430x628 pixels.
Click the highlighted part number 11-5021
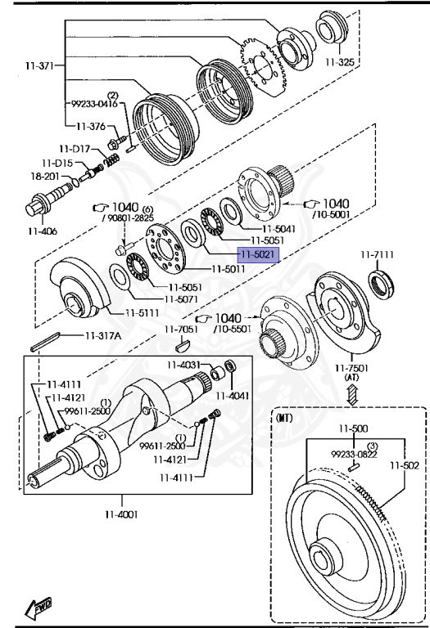coord(258,254)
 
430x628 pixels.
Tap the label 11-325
coord(340,62)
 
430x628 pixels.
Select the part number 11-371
coord(39,65)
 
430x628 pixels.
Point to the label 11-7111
coord(377,255)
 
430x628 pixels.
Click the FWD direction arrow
coord(38,608)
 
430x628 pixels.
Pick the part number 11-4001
coord(121,514)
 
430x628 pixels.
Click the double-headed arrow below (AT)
coord(352,394)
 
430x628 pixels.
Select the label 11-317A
coord(103,335)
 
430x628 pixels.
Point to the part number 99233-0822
coord(354,454)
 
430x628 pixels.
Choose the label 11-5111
coord(142,313)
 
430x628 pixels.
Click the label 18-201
coord(45,177)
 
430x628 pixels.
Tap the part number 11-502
coord(405,465)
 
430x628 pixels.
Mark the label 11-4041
coord(233,396)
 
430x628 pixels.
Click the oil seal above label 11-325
coord(333,27)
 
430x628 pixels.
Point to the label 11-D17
coord(75,149)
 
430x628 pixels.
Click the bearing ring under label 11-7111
coord(381,285)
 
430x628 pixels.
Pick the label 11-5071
coord(181,299)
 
